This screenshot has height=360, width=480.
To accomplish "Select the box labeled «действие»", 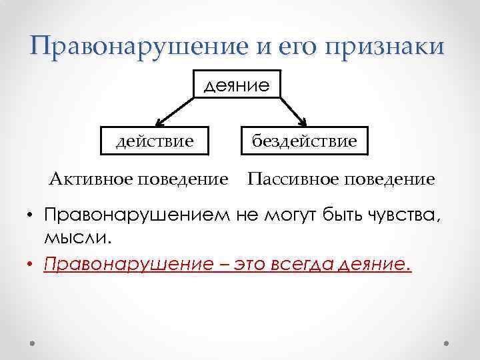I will [x=155, y=141].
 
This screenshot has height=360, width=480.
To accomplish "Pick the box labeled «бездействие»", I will [x=304, y=141].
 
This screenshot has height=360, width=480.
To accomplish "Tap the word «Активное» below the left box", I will [x=90, y=179].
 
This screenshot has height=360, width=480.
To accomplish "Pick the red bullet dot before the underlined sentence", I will [x=31, y=265].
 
